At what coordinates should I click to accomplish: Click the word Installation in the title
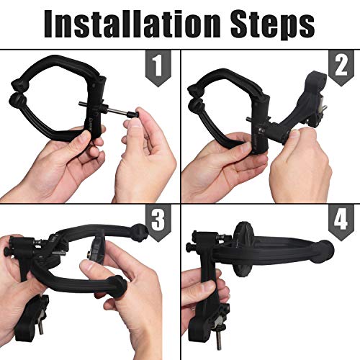pos(132,24)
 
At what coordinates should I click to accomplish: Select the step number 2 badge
pos(341,68)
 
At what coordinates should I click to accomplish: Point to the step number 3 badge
pos(158,222)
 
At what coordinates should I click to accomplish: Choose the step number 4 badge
pos(341,222)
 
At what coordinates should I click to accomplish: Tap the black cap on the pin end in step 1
pos(134,114)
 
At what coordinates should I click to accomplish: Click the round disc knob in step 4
pos(243,249)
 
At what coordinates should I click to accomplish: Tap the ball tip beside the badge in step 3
pos(140,232)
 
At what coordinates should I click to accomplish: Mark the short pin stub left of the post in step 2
pos(250,119)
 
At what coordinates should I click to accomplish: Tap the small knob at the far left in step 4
pos(189,246)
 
